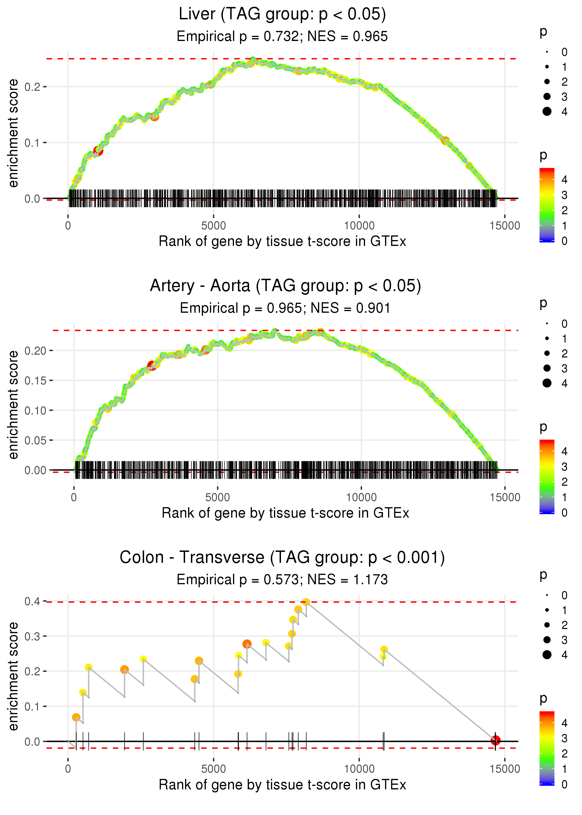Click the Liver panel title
[x=282, y=14]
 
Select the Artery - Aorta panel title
[x=285, y=286]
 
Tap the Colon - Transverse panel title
[x=282, y=558]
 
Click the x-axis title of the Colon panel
[x=282, y=785]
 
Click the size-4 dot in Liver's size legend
[x=547, y=112]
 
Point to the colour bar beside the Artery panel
[x=547, y=476]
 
